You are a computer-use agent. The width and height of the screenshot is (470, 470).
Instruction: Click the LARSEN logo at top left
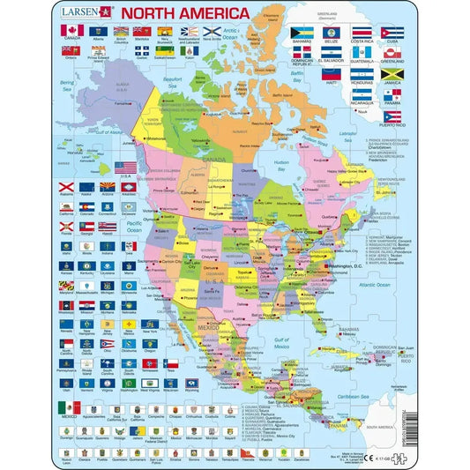[x=81, y=12]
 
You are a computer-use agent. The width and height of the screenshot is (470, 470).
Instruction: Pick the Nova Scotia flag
[x=212, y=32]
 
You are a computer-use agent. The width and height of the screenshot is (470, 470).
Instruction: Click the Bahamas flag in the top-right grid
[x=302, y=33]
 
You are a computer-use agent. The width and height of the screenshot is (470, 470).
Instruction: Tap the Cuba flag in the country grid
[x=392, y=33]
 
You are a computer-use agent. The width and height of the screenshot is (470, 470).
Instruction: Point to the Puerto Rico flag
[x=392, y=116]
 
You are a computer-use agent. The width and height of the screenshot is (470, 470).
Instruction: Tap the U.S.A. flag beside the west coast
[x=127, y=167]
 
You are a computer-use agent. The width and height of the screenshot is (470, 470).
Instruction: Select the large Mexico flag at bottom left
[x=69, y=408]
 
